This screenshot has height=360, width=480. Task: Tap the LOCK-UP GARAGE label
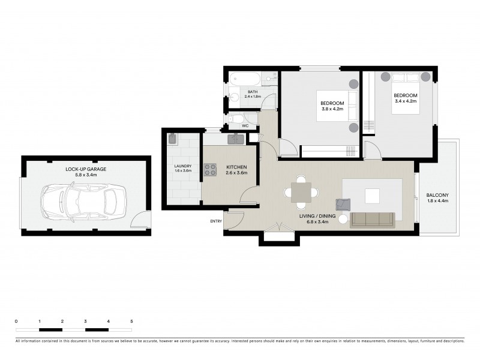(86, 169)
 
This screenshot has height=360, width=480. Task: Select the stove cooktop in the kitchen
(210, 170)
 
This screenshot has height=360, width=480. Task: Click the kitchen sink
(235, 140)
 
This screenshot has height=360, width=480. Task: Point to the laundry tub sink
(172, 139)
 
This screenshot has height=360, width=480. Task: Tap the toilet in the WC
(237, 118)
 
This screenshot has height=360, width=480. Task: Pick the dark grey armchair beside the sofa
(343, 205)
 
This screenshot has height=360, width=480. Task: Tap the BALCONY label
(437, 195)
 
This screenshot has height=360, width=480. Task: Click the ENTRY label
(216, 221)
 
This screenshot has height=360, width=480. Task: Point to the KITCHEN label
(236, 167)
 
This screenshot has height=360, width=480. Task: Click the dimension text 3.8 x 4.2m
(332, 109)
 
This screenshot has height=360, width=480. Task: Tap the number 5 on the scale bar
(131, 322)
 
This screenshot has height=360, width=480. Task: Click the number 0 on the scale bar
(16, 322)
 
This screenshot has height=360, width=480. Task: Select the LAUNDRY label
(182, 167)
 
